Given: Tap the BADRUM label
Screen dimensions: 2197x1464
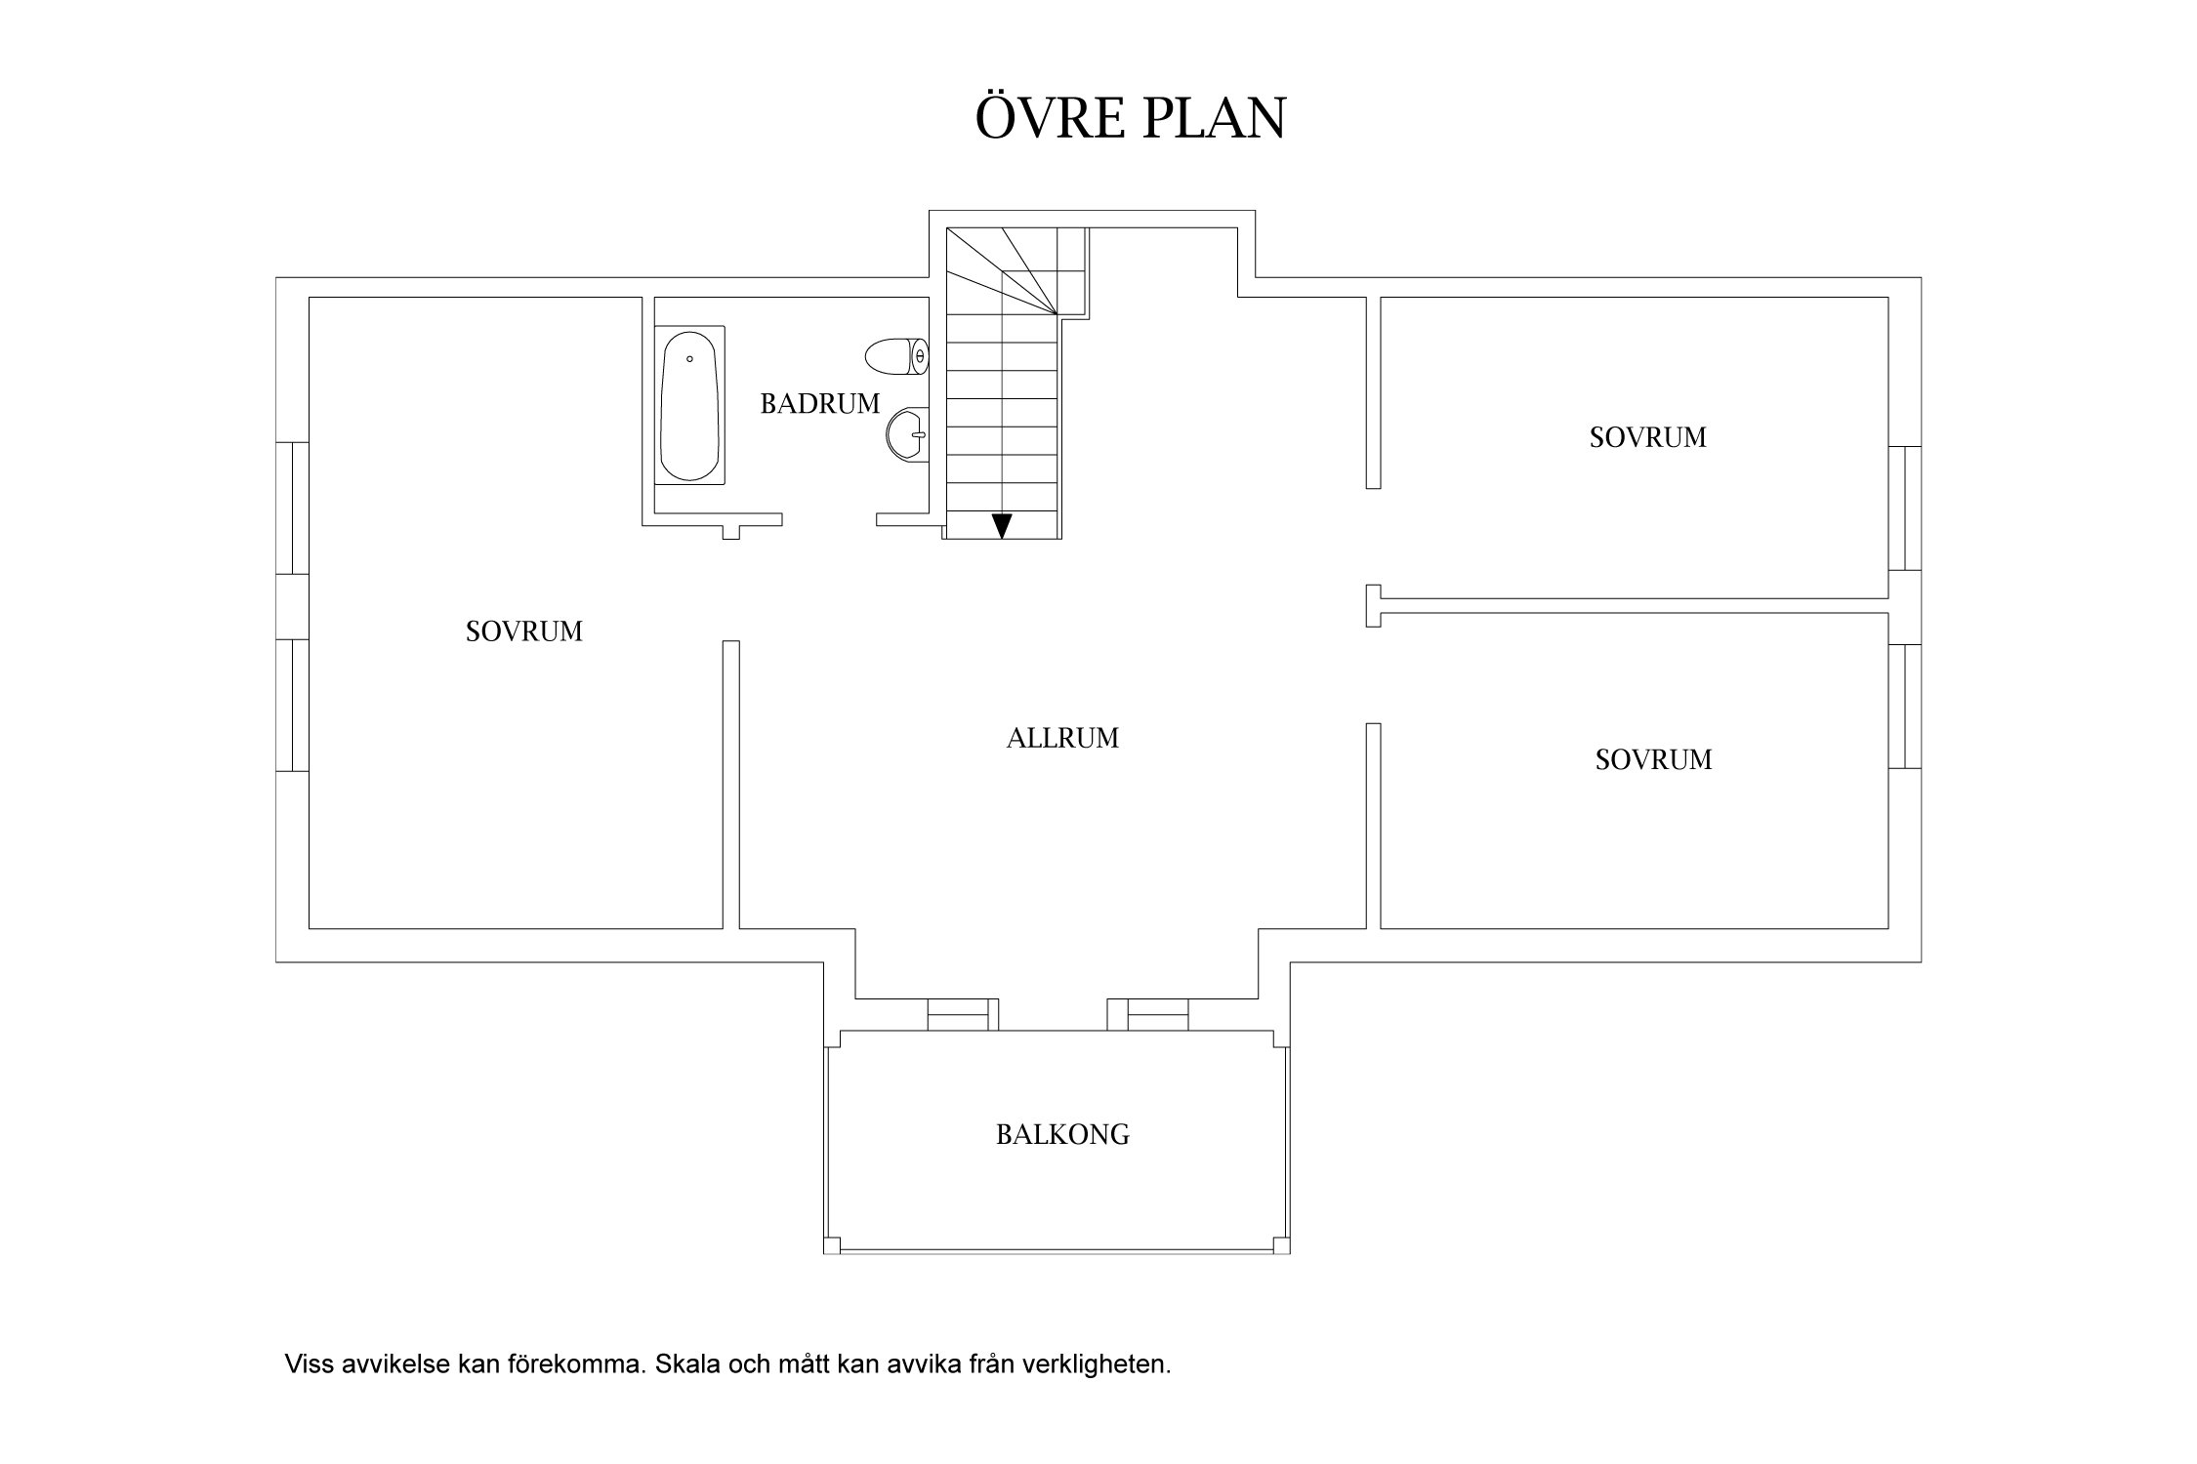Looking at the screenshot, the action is coord(820,403).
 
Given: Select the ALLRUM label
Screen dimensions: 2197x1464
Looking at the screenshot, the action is coord(1062,738).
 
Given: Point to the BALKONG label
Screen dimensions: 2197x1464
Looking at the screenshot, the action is coord(1062,1134).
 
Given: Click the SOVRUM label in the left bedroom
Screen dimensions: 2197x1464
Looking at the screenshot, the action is coord(524,631).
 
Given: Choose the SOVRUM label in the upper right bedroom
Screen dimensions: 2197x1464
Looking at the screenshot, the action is coord(1648,437).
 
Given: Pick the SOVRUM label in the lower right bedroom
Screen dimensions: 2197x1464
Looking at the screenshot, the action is coord(1654,759).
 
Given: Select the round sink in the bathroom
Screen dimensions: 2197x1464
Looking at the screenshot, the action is coord(906,433).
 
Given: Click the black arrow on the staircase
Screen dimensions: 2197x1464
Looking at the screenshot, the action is coord(1002,525).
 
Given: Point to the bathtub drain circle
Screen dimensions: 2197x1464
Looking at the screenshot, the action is coord(689,359).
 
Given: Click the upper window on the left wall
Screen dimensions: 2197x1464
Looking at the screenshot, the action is coord(293,508).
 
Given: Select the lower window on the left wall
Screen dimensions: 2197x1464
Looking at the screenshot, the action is coord(293,705).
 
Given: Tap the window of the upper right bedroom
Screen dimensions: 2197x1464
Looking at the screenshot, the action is coord(1905,508).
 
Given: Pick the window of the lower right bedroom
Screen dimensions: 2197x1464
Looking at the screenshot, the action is coord(1905,706).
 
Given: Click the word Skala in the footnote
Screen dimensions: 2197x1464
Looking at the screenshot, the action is coord(683,1363).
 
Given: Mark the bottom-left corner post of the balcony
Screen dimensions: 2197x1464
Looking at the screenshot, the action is coord(832,1245).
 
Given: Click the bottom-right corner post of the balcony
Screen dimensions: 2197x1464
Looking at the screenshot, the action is coord(1282,1245).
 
